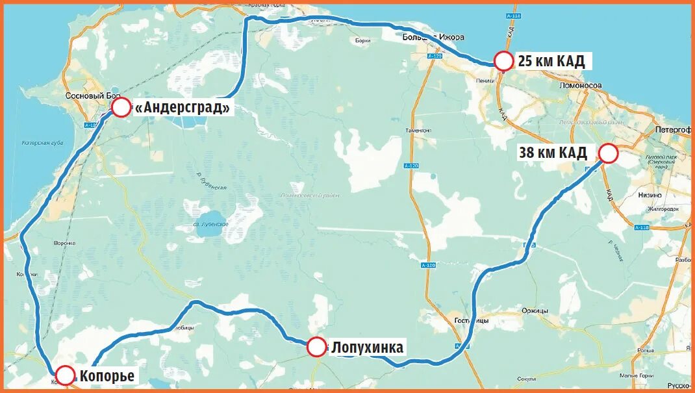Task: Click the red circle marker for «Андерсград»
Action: (x=121, y=107)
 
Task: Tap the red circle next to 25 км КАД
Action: (x=504, y=61)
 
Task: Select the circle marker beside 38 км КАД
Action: (x=608, y=153)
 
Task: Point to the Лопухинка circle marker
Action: (x=316, y=347)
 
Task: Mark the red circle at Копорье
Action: (x=66, y=375)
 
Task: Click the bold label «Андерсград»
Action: (x=183, y=108)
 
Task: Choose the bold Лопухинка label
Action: (x=367, y=348)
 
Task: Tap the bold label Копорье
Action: (x=107, y=375)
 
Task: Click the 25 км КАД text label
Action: (x=551, y=62)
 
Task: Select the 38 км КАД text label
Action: (x=553, y=153)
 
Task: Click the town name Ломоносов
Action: (x=580, y=85)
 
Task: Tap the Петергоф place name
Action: (x=673, y=129)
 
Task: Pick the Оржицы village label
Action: (x=535, y=311)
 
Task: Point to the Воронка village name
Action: (x=65, y=244)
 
